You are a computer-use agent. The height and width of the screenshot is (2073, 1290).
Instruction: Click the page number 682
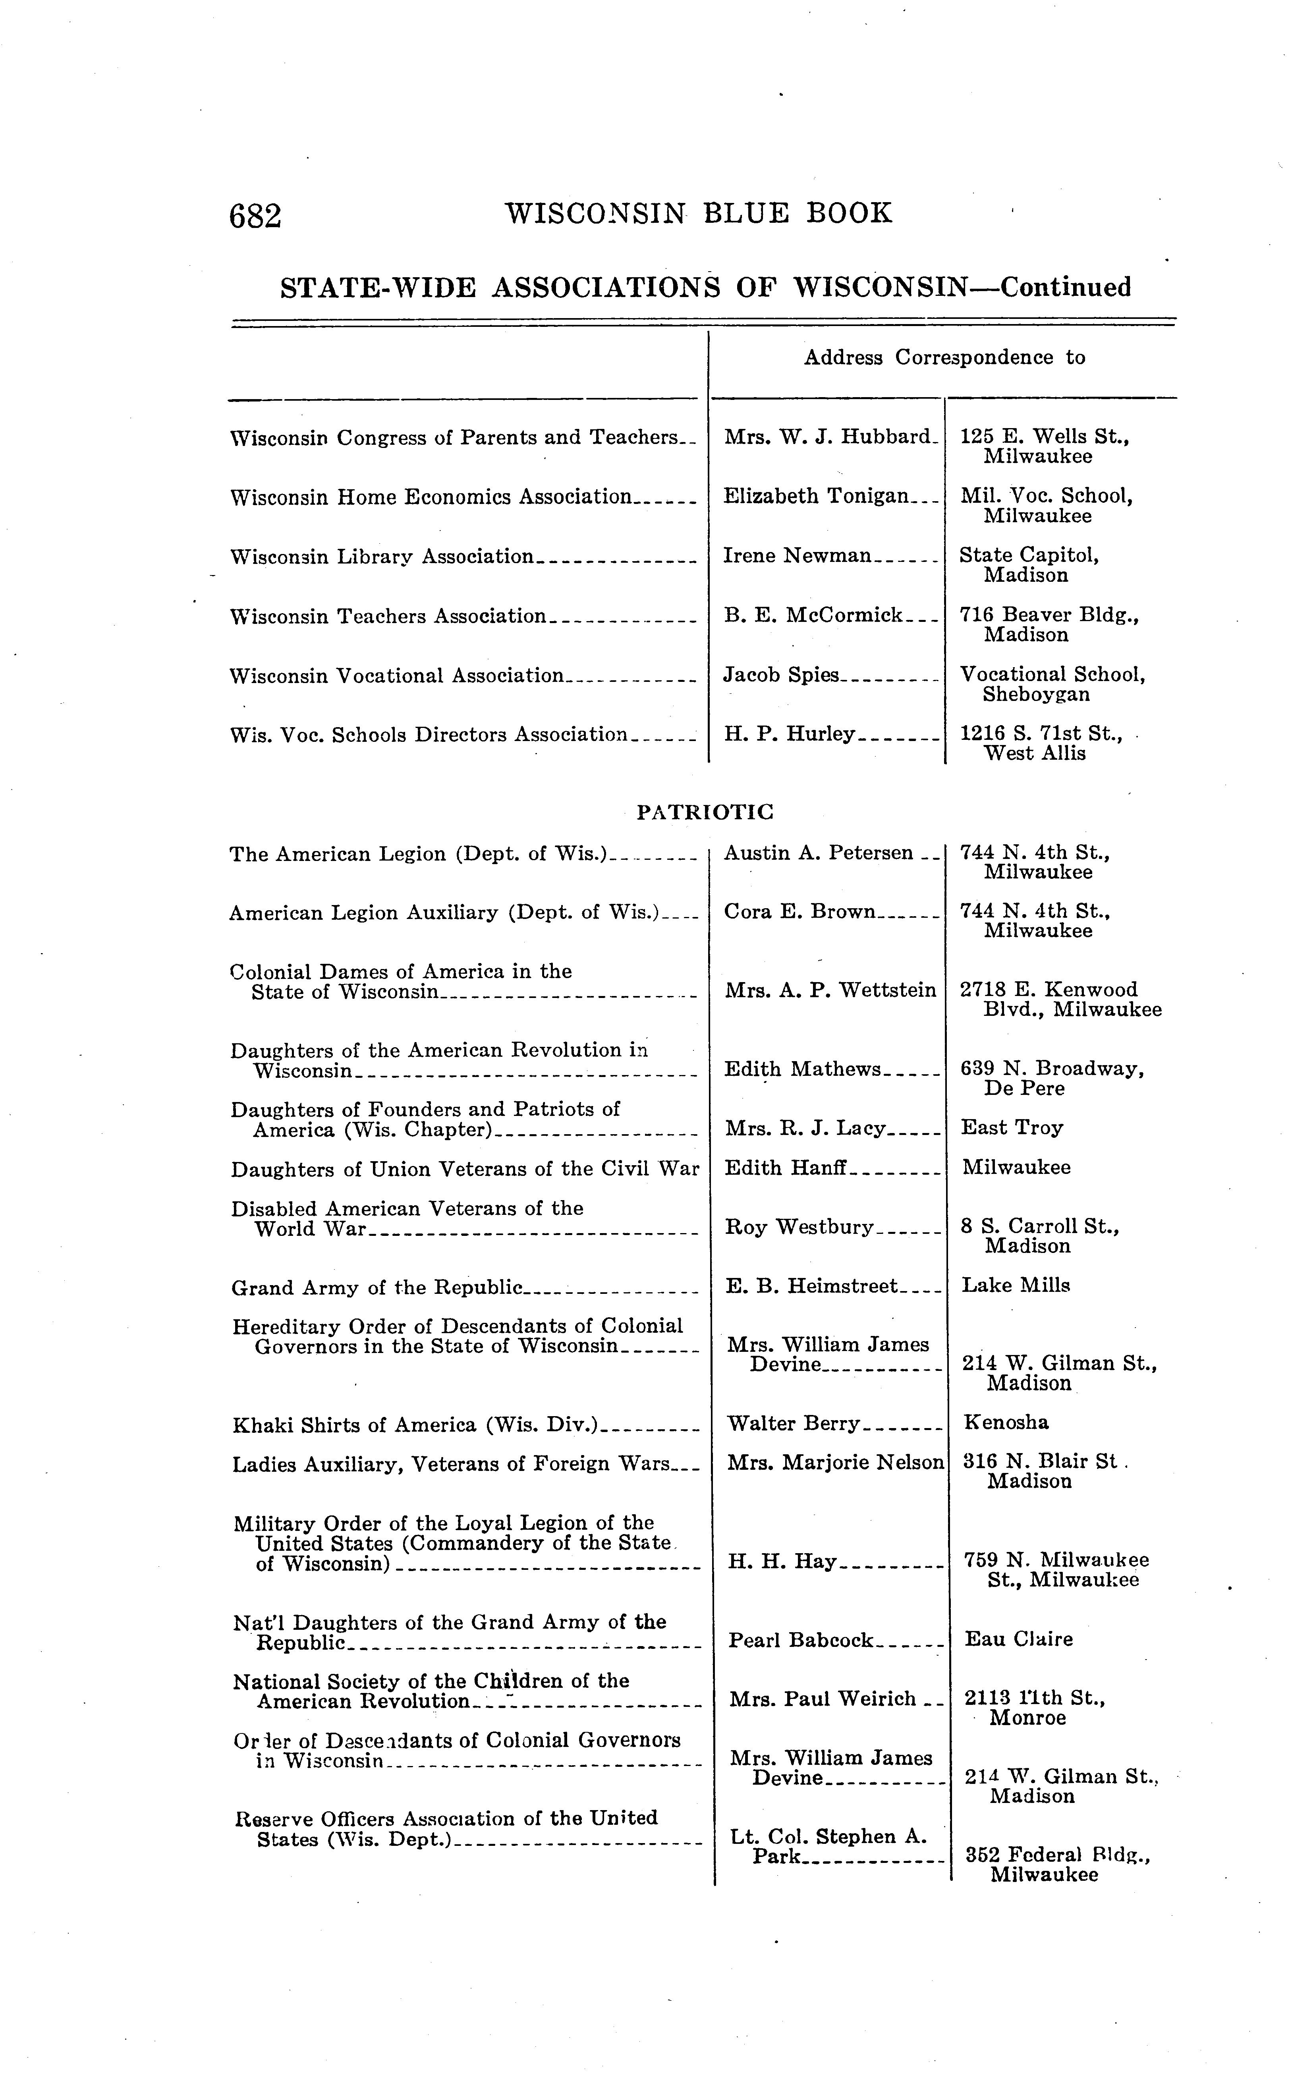[255, 216]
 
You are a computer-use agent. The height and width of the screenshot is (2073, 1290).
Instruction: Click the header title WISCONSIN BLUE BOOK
[699, 212]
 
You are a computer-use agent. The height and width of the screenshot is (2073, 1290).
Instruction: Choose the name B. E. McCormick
[813, 615]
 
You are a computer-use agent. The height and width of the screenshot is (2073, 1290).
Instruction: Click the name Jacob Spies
[782, 675]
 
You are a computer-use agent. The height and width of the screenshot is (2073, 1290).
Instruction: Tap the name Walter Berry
[794, 1423]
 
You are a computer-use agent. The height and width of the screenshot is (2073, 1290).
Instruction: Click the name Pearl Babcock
[801, 1640]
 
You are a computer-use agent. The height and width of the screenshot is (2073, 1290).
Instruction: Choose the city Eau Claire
[1019, 1639]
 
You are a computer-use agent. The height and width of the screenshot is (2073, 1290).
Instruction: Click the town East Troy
[1012, 1128]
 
